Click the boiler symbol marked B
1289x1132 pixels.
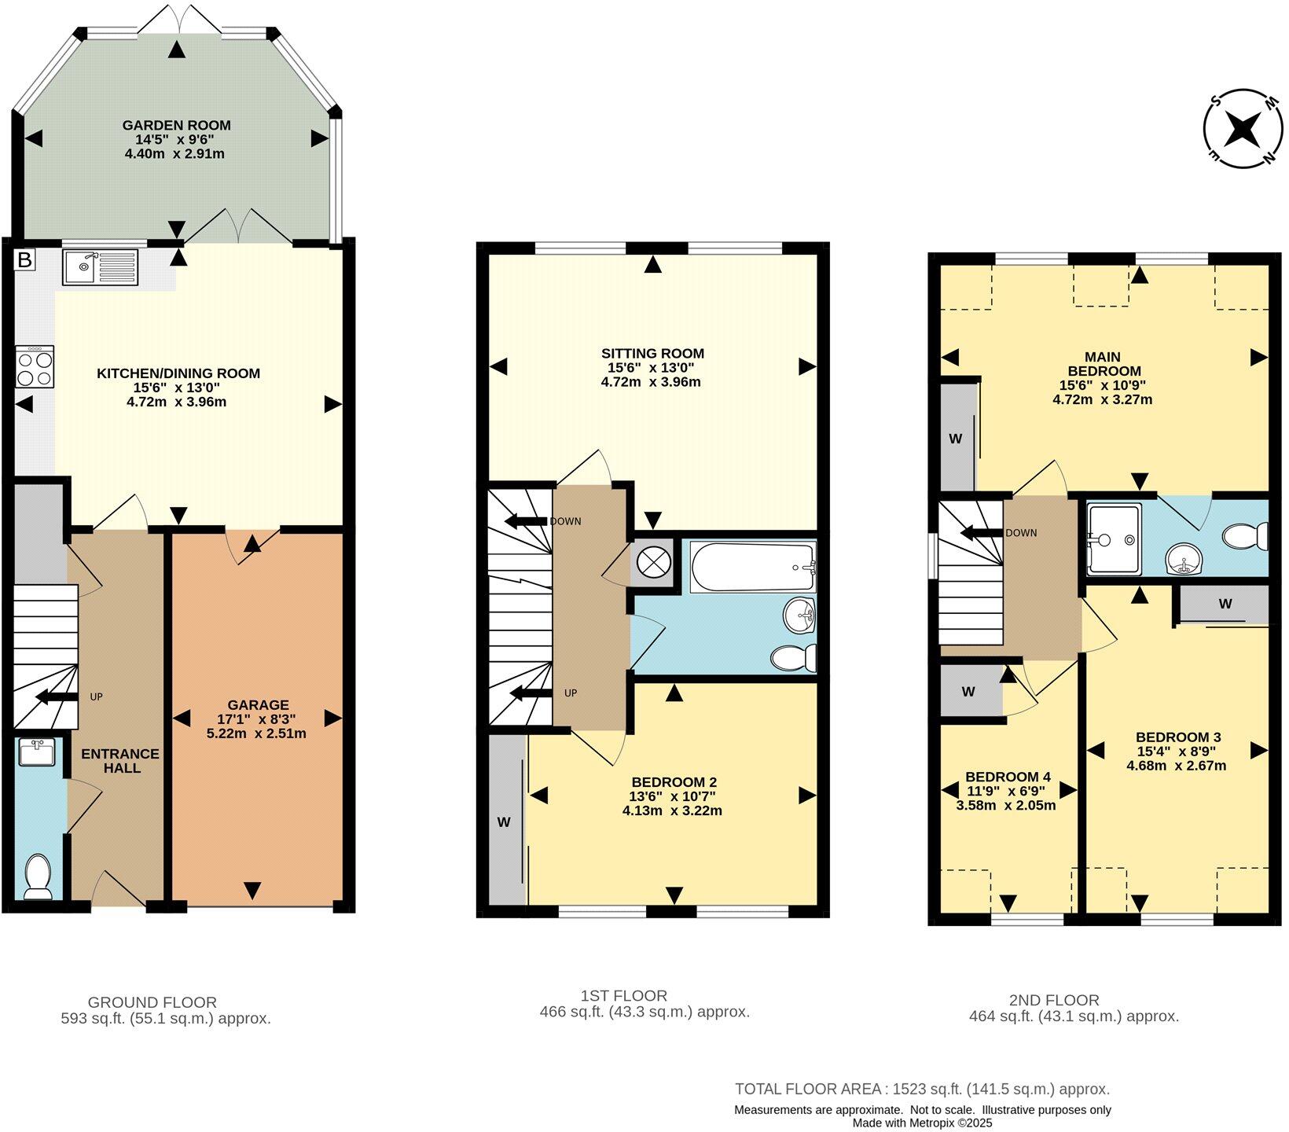click(x=24, y=259)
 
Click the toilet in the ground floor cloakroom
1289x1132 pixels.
click(x=38, y=877)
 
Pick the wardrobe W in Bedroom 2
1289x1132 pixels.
click(x=505, y=822)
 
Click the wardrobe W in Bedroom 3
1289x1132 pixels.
click(x=1225, y=604)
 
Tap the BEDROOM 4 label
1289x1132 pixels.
click(x=1008, y=776)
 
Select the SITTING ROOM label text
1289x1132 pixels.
click(x=652, y=354)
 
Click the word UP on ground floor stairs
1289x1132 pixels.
click(x=96, y=696)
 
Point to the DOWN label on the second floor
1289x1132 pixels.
click(x=1021, y=533)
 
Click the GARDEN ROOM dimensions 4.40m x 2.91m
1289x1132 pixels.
click(x=174, y=154)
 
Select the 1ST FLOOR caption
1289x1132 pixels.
click(x=621, y=996)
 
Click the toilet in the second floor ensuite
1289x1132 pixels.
click(x=1245, y=537)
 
